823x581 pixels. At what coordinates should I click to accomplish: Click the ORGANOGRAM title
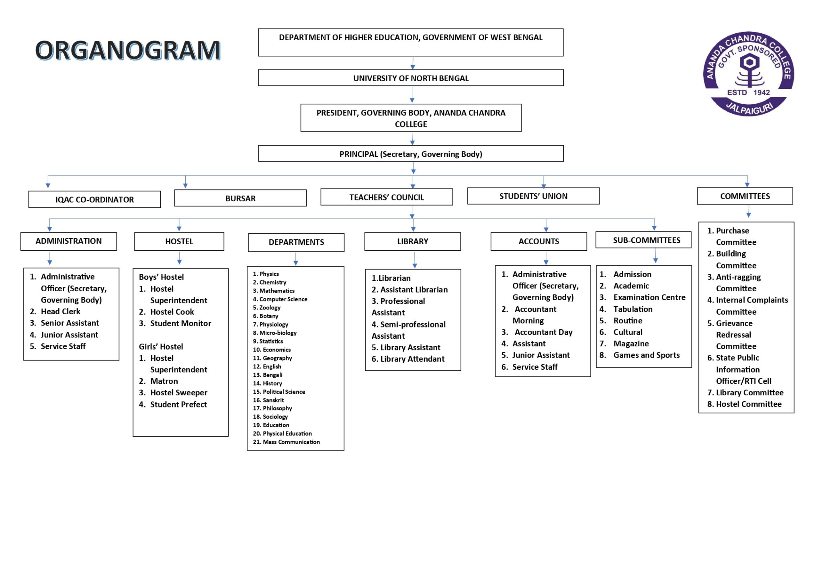[x=128, y=50]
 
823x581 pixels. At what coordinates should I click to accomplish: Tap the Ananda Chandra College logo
[x=748, y=74]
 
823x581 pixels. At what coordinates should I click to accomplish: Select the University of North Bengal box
[x=411, y=78]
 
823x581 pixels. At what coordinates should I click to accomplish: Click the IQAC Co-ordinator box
[x=94, y=199]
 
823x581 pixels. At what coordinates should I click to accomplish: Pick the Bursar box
[x=240, y=198]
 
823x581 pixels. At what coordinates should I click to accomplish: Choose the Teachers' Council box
[x=387, y=197]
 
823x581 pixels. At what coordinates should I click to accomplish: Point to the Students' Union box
[x=533, y=196]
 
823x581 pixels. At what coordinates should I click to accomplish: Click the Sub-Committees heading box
[x=643, y=240]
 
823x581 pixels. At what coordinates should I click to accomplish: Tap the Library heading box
[x=412, y=241]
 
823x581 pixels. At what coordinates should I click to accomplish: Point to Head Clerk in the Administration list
[x=61, y=311]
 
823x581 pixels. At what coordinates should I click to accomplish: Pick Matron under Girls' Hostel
[x=164, y=381]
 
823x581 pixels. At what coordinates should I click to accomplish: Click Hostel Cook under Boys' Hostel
[x=172, y=312]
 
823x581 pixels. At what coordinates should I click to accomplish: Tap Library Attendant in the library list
[x=412, y=359]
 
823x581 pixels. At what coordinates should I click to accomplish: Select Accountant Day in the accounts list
[x=544, y=332]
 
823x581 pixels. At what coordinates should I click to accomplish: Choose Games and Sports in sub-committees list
[x=647, y=355]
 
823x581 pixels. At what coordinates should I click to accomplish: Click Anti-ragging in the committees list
[x=738, y=277]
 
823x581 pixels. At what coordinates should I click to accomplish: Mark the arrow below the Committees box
[x=748, y=211]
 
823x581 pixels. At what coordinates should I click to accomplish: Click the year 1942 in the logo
[x=762, y=92]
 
